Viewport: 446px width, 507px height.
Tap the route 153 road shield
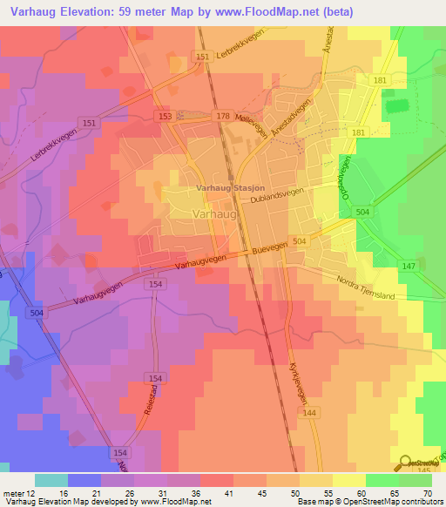click(166, 115)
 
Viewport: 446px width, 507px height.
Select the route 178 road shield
click(222, 115)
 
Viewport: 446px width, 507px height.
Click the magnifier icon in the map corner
click(407, 463)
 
